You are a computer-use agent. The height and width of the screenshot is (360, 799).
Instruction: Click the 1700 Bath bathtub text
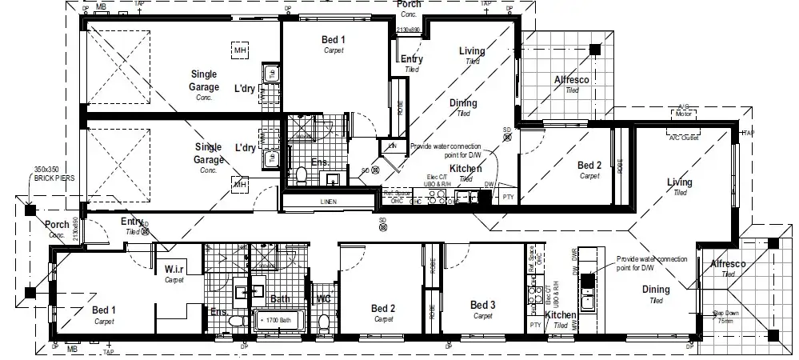point(278,318)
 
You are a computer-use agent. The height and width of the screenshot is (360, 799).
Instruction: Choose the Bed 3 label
point(482,305)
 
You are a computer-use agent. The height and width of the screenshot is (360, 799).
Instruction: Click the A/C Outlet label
point(684,137)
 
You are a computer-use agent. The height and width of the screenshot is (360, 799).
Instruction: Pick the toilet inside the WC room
point(323,322)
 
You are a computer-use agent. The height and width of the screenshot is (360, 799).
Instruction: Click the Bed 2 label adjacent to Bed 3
point(383,308)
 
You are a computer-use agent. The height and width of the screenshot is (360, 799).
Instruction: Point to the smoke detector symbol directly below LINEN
point(382,227)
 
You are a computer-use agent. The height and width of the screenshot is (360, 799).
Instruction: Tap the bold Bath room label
point(280,299)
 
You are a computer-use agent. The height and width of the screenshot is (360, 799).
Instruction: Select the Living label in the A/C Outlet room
point(680,183)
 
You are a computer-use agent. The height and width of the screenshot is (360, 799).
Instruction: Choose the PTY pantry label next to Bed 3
point(535,325)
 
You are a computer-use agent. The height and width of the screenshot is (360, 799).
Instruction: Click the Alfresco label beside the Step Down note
point(728,264)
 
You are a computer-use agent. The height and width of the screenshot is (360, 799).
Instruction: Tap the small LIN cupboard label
point(392,146)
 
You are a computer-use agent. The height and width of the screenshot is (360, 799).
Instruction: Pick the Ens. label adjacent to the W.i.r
point(218,312)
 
